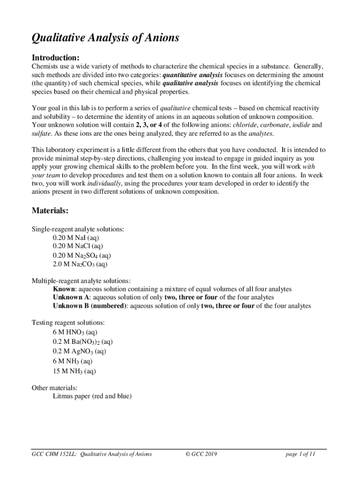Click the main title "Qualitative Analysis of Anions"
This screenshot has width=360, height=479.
click(x=105, y=38)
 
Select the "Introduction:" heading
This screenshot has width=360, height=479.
click(x=55, y=58)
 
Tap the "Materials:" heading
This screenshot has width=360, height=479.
click(x=50, y=211)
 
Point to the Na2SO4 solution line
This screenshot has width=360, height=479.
click(x=82, y=255)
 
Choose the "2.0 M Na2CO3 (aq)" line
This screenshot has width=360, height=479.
click(x=80, y=264)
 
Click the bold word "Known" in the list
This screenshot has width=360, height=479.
click(x=64, y=289)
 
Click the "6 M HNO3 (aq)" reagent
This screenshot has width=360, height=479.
click(x=75, y=333)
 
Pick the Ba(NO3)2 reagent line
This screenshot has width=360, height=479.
click(x=82, y=342)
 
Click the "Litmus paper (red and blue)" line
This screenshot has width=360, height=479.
click(x=92, y=396)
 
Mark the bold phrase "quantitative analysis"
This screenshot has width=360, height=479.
click(x=193, y=74)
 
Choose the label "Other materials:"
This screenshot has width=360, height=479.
click(x=54, y=388)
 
